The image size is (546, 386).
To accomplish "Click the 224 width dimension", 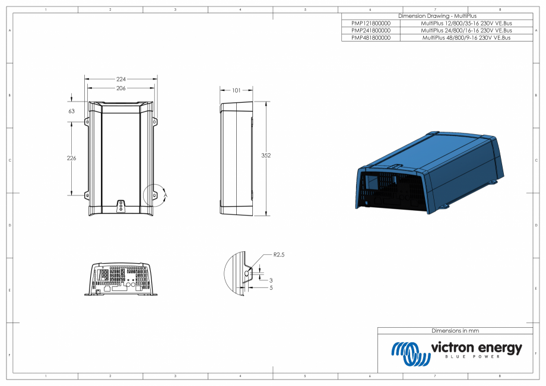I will [121, 78].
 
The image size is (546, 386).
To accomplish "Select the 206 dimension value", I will [121, 88].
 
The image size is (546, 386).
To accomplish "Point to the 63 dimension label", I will [72, 111].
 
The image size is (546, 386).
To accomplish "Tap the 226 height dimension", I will [72, 158].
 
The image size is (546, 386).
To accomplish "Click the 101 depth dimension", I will [236, 91].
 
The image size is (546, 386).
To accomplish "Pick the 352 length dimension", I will [266, 155].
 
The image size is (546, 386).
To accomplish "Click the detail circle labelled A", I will [156, 194].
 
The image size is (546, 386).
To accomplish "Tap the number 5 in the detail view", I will [271, 288].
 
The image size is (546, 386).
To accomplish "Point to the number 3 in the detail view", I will [271, 280].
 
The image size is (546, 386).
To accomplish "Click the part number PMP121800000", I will [371, 23].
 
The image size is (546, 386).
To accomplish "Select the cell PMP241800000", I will [371, 30].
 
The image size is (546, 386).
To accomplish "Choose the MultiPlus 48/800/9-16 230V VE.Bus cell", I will [466, 37].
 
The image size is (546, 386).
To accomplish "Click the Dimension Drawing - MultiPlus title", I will [437, 16].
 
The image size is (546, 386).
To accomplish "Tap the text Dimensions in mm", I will [455, 331].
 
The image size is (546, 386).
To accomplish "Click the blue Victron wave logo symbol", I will [410, 353].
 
